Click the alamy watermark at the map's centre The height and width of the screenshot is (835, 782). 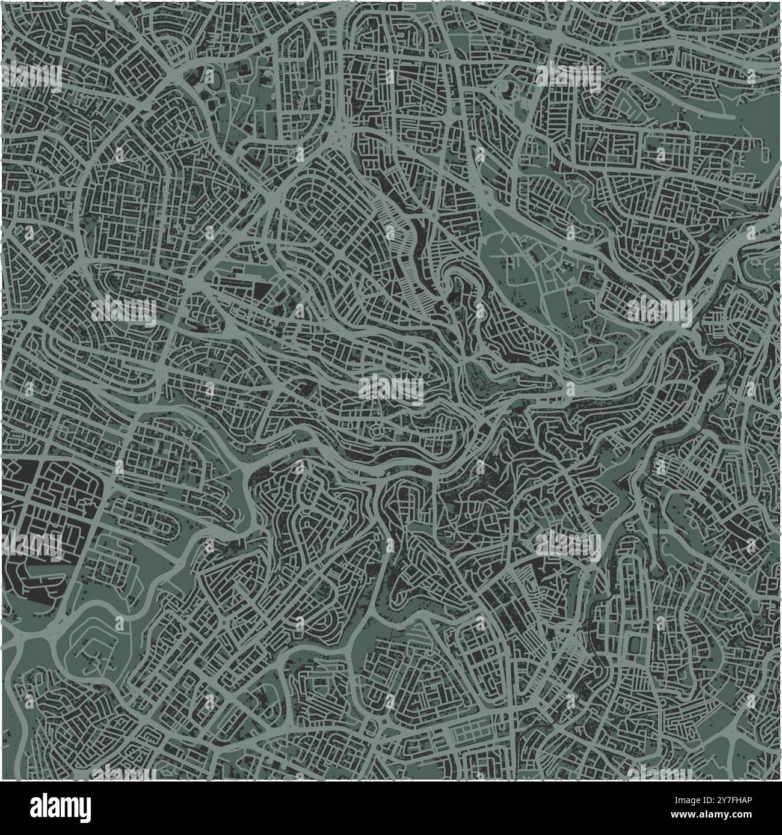click(391, 388)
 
